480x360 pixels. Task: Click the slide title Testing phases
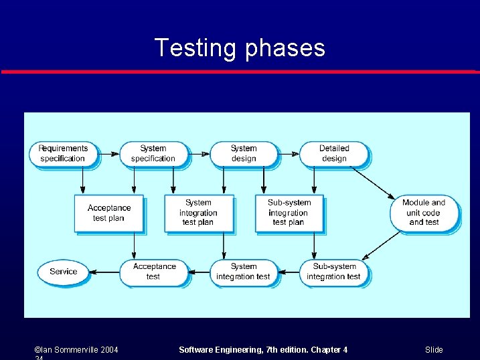pos(240,48)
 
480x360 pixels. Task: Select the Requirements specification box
pos(63,153)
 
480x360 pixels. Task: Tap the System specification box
pos(153,153)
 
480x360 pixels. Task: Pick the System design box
pos(244,153)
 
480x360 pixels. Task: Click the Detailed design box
pos(333,153)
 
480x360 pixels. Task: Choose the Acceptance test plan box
pos(108,213)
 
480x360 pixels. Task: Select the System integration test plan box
pos(198,213)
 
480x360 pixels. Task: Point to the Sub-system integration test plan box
pos(289,213)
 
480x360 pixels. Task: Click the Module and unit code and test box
pos(424,212)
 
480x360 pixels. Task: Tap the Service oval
pos(64,272)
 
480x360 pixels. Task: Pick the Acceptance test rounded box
pos(153,272)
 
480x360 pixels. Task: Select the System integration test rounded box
pos(243,272)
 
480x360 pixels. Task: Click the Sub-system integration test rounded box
pos(333,272)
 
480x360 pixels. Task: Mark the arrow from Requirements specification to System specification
pos(108,154)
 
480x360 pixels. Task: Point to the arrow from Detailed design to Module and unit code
pos(373,182)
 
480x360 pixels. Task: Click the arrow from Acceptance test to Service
pos(104,272)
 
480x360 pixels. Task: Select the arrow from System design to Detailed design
pos(289,154)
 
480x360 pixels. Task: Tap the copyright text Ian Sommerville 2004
pos(76,350)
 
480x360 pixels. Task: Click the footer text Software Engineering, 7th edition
pos(263,350)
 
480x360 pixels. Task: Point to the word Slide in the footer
pos(434,350)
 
